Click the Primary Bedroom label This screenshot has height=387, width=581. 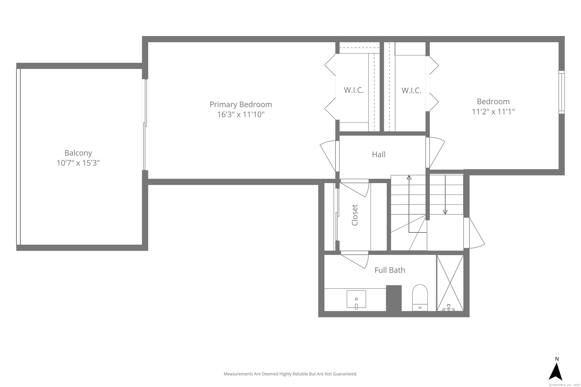241,104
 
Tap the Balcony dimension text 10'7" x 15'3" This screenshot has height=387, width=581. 78,163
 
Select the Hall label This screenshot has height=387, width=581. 379,154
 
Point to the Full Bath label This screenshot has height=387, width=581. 390,270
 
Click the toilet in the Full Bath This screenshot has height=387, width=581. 420,298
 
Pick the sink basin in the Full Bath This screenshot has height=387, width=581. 356,299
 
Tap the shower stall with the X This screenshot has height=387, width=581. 450,283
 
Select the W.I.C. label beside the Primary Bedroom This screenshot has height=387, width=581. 354,90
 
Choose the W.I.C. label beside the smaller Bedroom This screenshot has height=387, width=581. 411,90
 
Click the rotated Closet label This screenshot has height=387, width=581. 355,215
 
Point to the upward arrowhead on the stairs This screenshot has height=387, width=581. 409,177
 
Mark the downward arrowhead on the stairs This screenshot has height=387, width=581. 445,212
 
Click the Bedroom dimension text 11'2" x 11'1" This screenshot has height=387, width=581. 493,112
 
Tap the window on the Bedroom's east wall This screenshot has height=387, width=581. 562,92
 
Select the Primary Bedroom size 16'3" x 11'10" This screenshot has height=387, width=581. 241,115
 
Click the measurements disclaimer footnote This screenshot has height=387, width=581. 290,374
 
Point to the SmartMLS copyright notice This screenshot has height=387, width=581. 564,385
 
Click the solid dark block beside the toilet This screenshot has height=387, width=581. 394,298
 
